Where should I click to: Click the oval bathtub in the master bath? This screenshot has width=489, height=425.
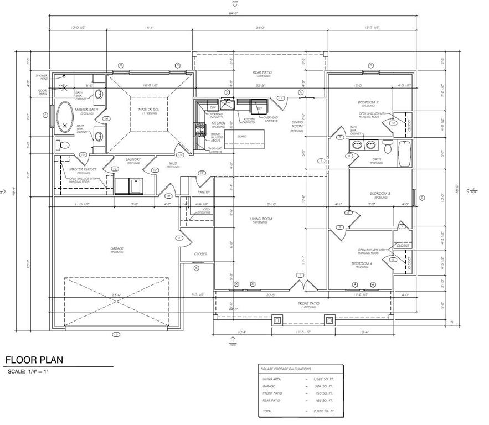(66, 117)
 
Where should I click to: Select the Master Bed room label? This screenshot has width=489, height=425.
(149, 110)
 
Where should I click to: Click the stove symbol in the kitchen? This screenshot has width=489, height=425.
(199, 129)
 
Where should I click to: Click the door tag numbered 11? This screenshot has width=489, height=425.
(281, 98)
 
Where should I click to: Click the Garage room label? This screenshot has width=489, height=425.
(116, 249)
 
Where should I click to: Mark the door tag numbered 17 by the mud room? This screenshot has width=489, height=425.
(155, 170)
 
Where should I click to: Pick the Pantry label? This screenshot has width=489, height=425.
(203, 192)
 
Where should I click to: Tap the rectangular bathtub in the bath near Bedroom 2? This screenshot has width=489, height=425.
(404, 153)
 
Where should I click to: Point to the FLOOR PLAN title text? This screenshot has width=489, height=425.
(34, 360)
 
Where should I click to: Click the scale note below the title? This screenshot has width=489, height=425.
(28, 371)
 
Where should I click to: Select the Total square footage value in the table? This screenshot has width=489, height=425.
(323, 412)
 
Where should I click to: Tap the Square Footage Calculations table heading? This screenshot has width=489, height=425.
(286, 369)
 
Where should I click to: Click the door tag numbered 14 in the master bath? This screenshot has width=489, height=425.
(105, 118)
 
